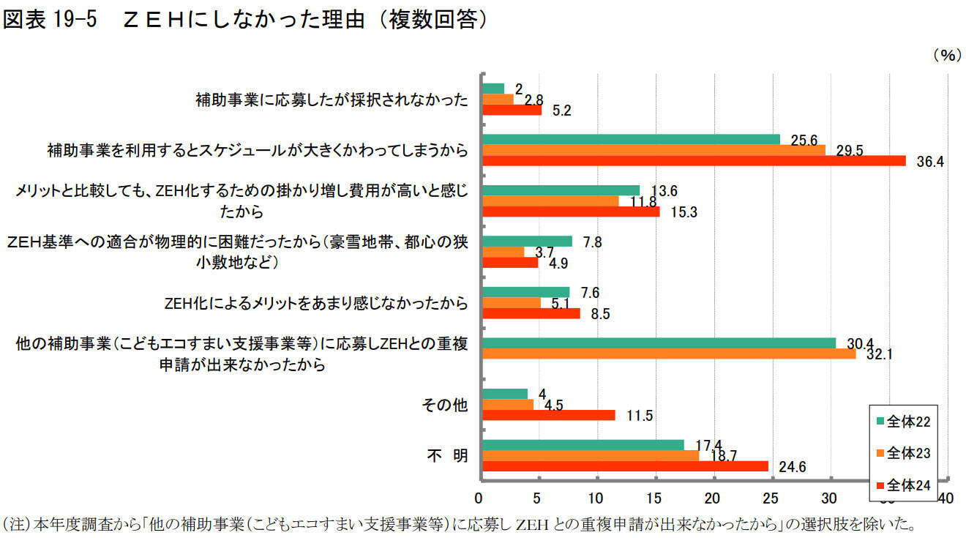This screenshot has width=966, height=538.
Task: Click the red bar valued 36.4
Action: click(693, 160)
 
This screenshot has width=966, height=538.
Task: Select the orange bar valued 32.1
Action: click(668, 354)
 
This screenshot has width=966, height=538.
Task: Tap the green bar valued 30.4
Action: click(658, 343)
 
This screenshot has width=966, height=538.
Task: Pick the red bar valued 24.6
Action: click(624, 466)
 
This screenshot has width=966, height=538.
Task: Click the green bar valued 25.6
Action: click(630, 139)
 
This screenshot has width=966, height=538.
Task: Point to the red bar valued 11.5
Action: click(548, 415)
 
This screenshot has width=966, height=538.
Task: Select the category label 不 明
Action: click(447, 455)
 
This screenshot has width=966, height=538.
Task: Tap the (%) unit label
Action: click(946, 56)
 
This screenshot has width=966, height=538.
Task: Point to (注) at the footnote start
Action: click(16, 524)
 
